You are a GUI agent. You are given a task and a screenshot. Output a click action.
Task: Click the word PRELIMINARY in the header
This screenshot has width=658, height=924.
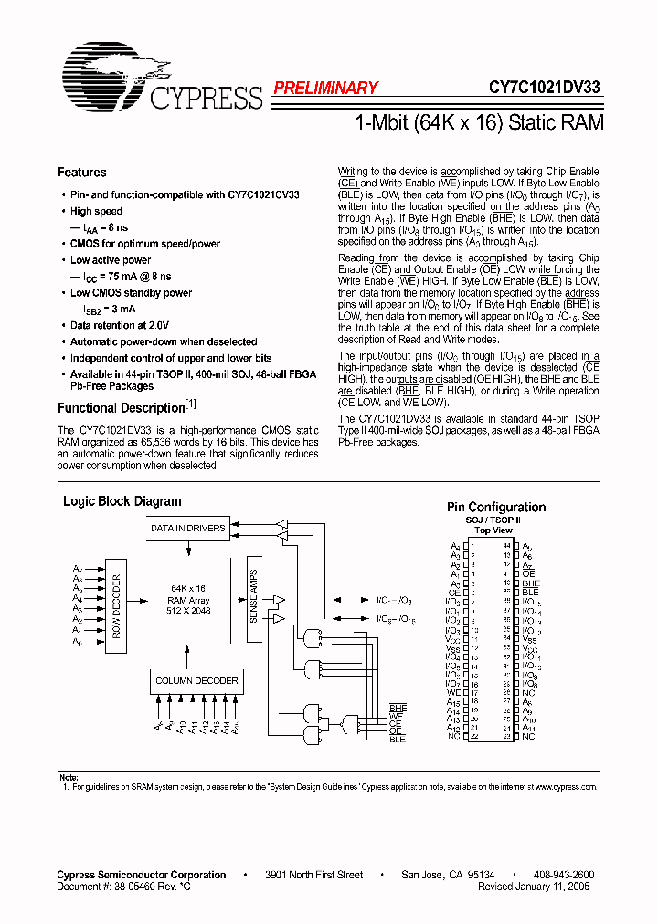click(325, 89)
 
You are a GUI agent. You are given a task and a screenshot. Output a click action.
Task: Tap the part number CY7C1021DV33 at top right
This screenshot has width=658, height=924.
click(544, 89)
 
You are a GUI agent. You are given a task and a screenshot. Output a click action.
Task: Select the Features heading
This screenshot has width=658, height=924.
click(81, 173)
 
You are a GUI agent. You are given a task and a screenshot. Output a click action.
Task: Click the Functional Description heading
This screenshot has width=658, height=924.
click(122, 408)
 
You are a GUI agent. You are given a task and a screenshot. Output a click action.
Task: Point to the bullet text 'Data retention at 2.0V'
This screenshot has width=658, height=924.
click(120, 325)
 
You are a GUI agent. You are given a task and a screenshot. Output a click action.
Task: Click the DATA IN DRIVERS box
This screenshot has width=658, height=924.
click(188, 529)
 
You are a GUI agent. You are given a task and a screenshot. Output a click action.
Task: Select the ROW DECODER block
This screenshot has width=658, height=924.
click(116, 604)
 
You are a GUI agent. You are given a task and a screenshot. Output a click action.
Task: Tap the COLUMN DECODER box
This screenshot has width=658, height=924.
click(196, 681)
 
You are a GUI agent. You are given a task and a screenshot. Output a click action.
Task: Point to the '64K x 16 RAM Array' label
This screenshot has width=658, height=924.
click(188, 599)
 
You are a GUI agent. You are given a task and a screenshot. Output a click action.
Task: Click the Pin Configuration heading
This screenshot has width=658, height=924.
click(495, 508)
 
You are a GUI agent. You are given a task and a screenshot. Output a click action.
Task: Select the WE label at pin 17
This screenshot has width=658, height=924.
click(453, 693)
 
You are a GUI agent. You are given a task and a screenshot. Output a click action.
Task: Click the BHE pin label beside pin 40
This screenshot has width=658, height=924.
click(531, 583)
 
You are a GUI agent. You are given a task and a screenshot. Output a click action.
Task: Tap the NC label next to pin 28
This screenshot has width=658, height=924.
click(528, 693)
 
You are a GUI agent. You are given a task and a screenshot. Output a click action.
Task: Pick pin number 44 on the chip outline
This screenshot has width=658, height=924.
click(505, 546)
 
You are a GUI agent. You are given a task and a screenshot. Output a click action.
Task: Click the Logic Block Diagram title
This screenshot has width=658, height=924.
click(122, 501)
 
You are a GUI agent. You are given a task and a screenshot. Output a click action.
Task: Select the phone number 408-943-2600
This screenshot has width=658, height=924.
click(563, 875)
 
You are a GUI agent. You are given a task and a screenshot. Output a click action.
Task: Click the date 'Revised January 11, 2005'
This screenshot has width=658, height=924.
click(534, 887)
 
